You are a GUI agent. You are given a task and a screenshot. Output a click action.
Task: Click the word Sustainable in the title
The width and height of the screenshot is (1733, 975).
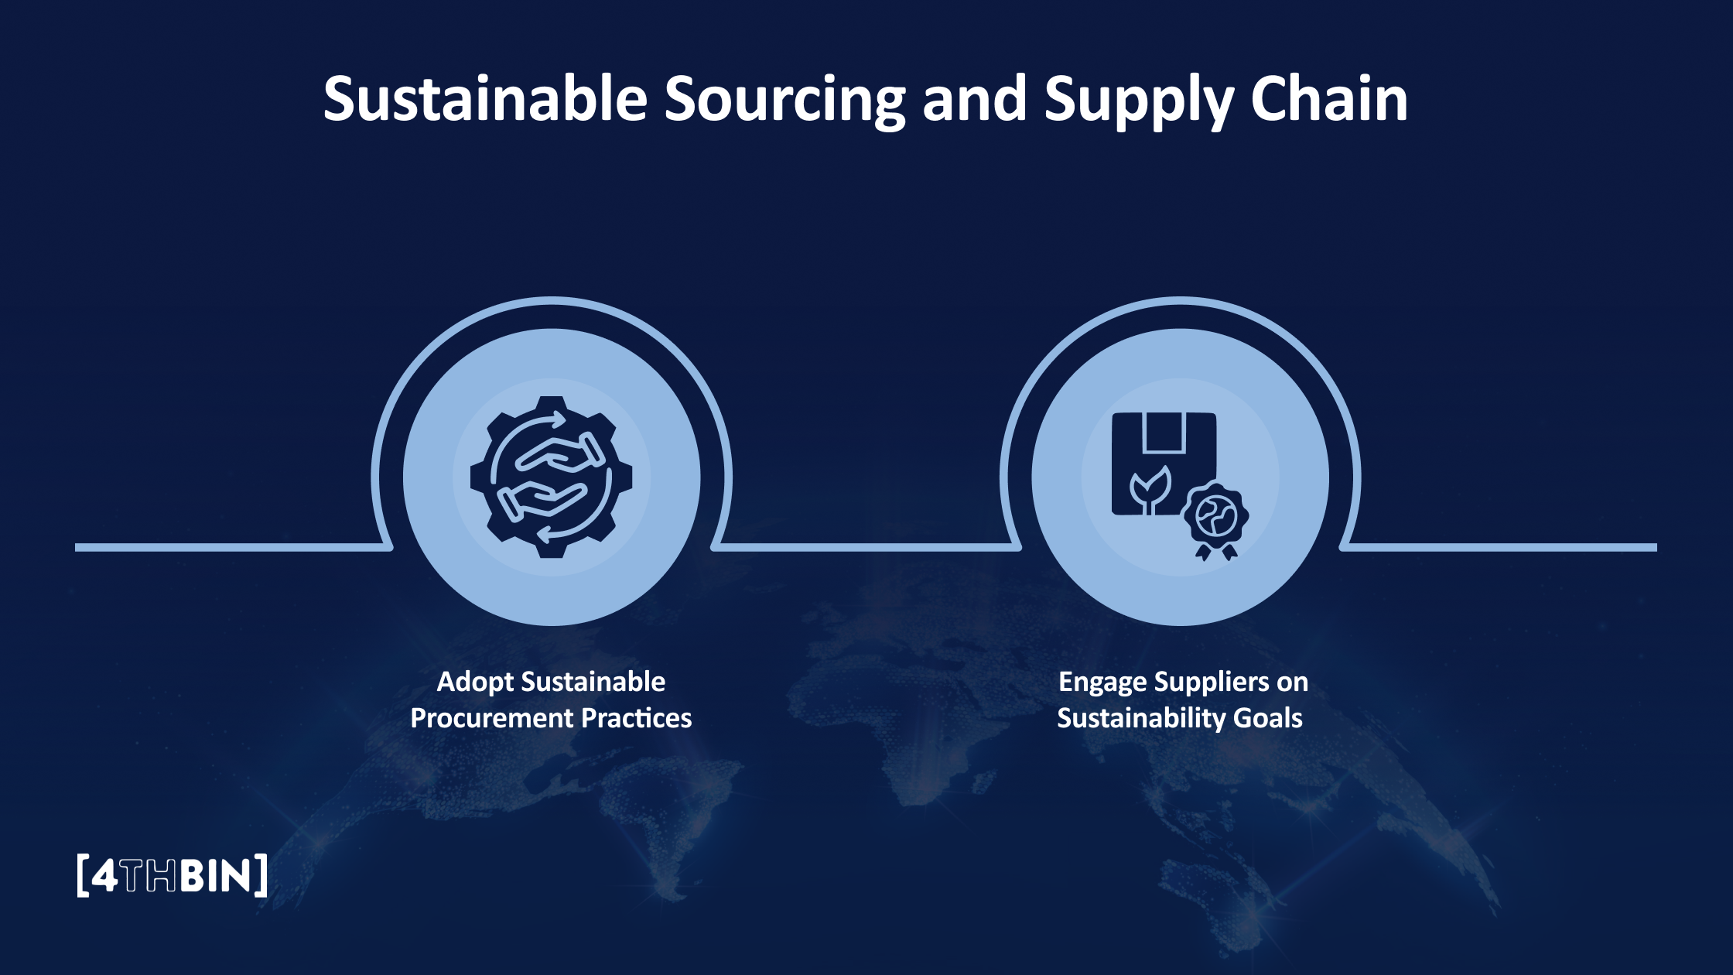click(485, 99)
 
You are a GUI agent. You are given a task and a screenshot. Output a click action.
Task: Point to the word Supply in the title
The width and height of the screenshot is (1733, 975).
click(1138, 101)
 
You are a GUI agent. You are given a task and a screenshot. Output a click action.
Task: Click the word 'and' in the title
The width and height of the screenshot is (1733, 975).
click(975, 99)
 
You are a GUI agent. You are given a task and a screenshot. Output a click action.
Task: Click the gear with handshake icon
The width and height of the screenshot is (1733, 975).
click(551, 477)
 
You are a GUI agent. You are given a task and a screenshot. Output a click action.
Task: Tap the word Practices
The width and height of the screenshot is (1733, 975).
click(636, 718)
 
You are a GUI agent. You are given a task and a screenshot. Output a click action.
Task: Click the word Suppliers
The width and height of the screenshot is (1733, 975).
click(1211, 682)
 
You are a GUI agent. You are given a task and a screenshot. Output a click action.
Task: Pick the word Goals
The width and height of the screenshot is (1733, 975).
click(1267, 718)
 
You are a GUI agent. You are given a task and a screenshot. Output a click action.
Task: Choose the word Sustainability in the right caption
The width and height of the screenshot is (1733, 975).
click(1140, 718)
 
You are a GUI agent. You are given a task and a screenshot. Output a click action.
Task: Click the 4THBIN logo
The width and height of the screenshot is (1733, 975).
click(173, 875)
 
